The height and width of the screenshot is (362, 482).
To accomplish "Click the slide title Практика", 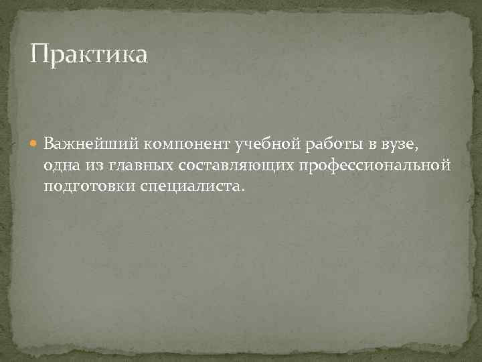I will tap(88, 54).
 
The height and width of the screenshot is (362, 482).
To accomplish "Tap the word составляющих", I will tap(241, 165).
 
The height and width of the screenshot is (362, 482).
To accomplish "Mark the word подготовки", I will tap(90, 186).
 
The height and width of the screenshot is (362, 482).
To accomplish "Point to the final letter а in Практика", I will tap(140, 56).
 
